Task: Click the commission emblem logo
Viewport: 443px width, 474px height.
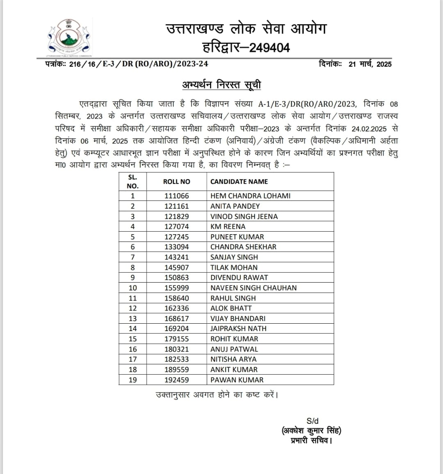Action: click(69, 38)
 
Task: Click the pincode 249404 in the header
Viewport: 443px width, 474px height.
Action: click(269, 48)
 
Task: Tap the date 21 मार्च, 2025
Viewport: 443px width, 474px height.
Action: click(370, 64)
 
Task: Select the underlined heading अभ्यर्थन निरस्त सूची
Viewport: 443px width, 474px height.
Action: click(221, 85)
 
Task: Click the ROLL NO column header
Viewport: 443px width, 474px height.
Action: click(177, 182)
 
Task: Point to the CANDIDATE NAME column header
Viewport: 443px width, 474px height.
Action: click(239, 182)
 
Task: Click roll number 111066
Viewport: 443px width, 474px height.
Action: click(177, 196)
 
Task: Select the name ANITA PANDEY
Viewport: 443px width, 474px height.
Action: click(235, 206)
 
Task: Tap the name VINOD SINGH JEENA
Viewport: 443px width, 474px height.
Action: click(244, 216)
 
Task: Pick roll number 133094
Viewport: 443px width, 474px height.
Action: click(177, 247)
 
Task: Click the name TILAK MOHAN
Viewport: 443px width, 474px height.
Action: click(234, 267)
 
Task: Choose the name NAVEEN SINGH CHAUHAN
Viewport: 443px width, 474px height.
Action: click(253, 288)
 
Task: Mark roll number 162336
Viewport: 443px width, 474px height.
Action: click(177, 308)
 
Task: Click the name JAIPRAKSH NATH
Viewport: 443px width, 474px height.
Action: click(238, 329)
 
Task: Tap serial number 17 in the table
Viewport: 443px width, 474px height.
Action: click(132, 359)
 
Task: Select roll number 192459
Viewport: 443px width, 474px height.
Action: click(177, 380)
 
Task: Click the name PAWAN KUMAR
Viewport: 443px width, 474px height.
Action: click(237, 380)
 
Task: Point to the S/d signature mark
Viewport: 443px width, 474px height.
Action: click(312, 421)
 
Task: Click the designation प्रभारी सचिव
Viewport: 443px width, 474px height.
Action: click(311, 441)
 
